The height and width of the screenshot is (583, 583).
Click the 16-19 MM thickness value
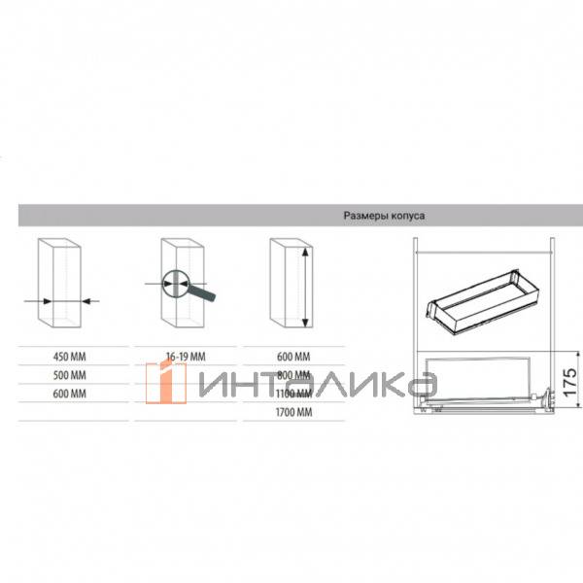click(174, 356)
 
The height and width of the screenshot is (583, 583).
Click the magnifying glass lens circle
click(174, 283)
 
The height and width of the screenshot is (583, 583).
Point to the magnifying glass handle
click(205, 291)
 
